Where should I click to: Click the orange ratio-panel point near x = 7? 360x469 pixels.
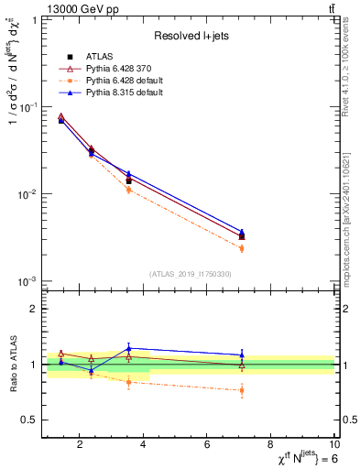pyautogui.click(x=242, y=390)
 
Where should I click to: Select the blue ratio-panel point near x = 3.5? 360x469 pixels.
pyautogui.click(x=128, y=348)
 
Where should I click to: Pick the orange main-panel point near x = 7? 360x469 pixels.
pyautogui.click(x=242, y=248)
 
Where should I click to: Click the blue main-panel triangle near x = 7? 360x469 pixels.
pyautogui.click(x=242, y=233)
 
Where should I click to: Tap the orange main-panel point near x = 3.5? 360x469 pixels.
pyautogui.click(x=128, y=190)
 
